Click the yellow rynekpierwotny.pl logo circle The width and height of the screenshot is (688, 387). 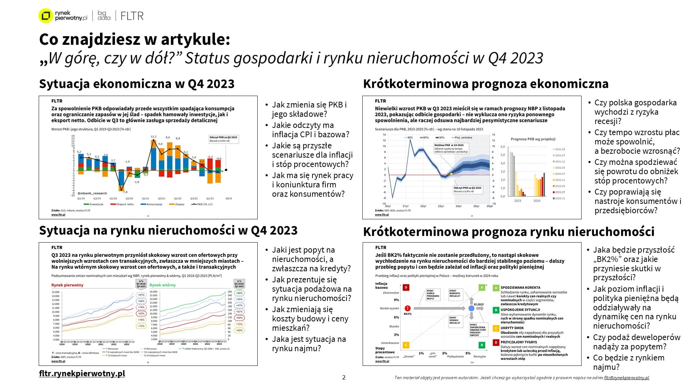click(46, 16)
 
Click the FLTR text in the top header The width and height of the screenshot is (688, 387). click(132, 16)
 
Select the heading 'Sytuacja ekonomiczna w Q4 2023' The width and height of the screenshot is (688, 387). click(137, 84)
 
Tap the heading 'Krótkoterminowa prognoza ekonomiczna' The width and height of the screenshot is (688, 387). click(486, 84)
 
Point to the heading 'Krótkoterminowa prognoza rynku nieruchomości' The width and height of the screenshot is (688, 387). click(508, 232)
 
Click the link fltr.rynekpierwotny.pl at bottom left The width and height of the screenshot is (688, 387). click(82, 373)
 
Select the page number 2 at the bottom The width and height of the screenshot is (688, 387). click(344, 377)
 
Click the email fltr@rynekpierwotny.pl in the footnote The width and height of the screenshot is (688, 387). click(626, 378)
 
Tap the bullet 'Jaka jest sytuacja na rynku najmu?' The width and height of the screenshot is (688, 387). click(309, 344)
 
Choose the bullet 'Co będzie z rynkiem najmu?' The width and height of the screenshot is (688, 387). click(629, 362)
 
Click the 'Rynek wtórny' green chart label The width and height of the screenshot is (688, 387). click(163, 285)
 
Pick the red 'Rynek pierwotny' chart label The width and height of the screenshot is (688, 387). click(67, 285)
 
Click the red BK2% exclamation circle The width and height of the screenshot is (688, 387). click(407, 308)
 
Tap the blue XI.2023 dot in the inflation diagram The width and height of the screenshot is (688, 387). click(472, 308)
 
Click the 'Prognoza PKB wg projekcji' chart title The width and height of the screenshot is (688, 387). click(533, 139)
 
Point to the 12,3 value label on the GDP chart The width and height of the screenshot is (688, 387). click(153, 137)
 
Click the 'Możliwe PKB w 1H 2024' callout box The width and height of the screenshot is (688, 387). click(451, 148)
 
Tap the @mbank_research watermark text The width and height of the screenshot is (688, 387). click(92, 193)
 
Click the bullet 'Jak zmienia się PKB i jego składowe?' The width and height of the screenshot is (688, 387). click(309, 109)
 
